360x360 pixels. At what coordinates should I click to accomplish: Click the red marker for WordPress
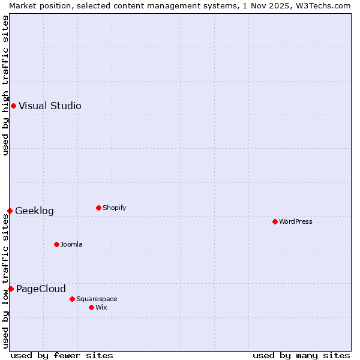click(x=275, y=221)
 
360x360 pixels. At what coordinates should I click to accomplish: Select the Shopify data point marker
click(x=98, y=208)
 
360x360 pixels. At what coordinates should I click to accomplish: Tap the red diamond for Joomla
click(x=56, y=244)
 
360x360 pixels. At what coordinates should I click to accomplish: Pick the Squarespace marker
click(x=72, y=299)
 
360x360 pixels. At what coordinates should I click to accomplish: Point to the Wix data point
click(x=91, y=307)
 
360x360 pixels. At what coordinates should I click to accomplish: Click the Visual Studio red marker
click(x=13, y=106)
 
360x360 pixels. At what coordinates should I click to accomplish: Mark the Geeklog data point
click(x=10, y=211)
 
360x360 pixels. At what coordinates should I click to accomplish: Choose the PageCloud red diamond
click(x=11, y=289)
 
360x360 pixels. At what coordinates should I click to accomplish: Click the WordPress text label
click(x=296, y=221)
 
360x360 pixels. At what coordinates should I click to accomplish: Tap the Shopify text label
click(x=115, y=208)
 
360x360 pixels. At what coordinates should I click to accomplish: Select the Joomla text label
click(x=71, y=244)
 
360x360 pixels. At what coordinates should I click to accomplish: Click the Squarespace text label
click(x=97, y=299)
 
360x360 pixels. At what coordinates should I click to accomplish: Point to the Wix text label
click(x=101, y=307)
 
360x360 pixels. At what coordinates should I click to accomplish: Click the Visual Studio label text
click(x=50, y=106)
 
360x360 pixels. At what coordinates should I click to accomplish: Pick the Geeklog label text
click(x=34, y=211)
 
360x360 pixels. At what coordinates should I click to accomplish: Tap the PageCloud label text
click(x=41, y=289)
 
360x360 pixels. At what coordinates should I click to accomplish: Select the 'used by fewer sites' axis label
click(x=62, y=355)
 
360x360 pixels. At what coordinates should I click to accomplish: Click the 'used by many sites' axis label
click(x=301, y=355)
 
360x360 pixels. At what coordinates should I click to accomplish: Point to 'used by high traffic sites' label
click(x=5, y=85)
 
